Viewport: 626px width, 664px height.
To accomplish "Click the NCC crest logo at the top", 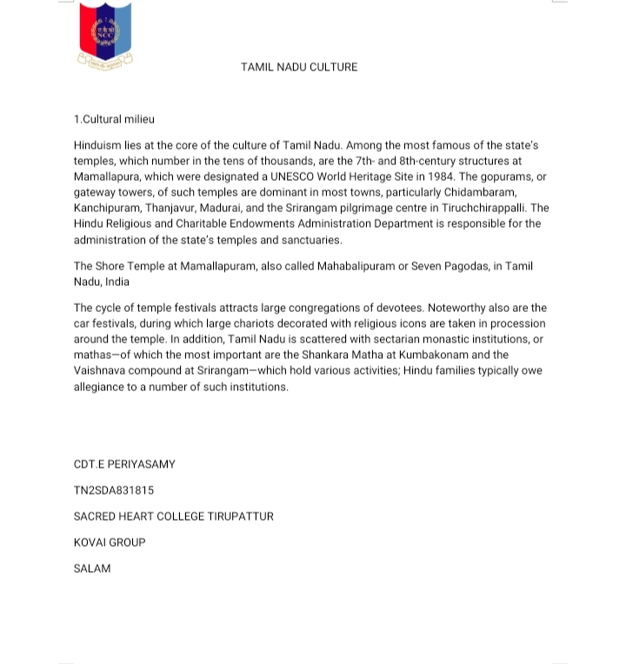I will click(x=105, y=36).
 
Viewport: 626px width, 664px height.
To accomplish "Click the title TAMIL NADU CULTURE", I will click(x=299, y=67).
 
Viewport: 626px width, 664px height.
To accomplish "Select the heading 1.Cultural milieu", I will click(x=114, y=119).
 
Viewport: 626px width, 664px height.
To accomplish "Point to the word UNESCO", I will click(x=293, y=176).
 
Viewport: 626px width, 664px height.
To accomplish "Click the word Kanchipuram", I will click(x=106, y=208).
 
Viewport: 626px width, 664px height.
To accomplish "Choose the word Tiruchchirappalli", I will click(x=483, y=208).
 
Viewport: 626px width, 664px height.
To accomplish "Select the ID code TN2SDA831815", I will click(x=114, y=490).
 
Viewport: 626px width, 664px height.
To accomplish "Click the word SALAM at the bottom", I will click(x=92, y=568).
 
